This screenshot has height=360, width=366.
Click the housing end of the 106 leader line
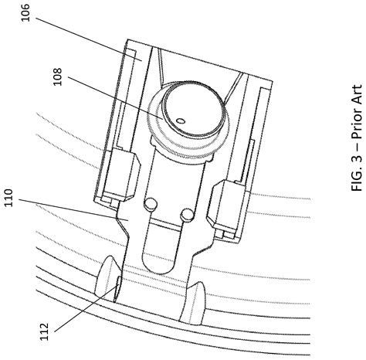(x=137, y=56)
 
